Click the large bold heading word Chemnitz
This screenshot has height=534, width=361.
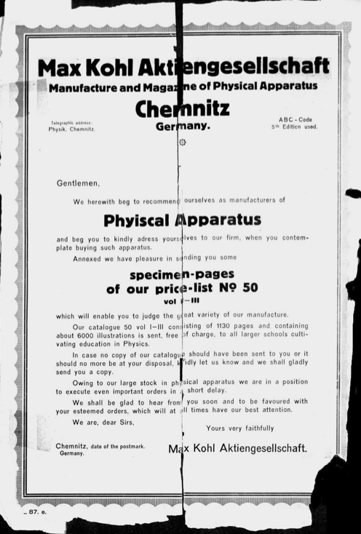[x=182, y=108]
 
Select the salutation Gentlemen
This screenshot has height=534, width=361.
[x=78, y=183]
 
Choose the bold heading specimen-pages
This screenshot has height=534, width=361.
[x=182, y=274]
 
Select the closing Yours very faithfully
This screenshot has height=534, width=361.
[x=240, y=428]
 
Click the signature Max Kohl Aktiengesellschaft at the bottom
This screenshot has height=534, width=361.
[x=237, y=448]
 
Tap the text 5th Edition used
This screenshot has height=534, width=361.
[x=295, y=127]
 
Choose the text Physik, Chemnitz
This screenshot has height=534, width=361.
[x=71, y=129]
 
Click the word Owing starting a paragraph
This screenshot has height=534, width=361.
[x=84, y=381]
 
